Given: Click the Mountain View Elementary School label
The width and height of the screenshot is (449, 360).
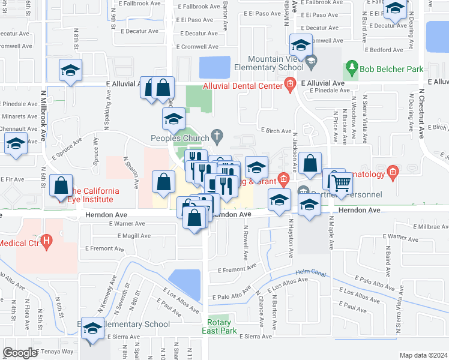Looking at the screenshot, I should (280, 63).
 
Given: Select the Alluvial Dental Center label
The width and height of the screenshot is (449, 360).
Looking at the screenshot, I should (243, 86).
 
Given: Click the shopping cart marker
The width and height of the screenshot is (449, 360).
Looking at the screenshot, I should (341, 183).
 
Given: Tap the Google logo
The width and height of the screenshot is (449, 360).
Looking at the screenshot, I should (20, 353).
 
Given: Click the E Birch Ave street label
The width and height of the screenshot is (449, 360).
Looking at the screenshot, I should (276, 130).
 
